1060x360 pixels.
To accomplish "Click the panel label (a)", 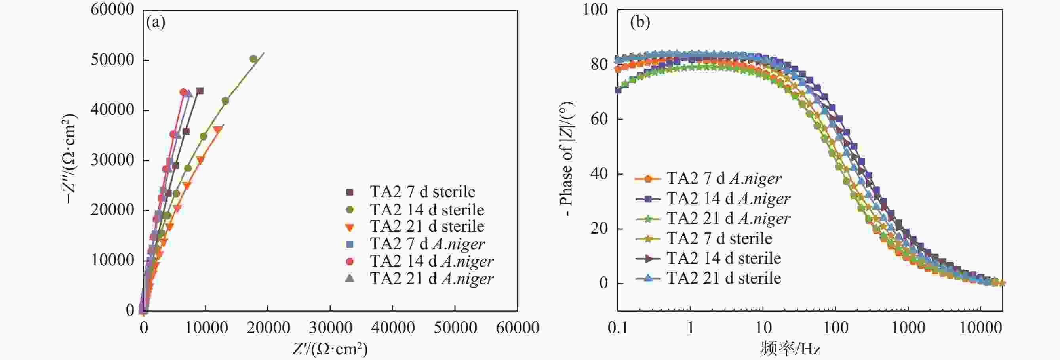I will coord(156,22).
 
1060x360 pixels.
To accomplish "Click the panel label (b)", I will coord(640,22).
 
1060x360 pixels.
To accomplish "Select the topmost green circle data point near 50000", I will coord(253,59).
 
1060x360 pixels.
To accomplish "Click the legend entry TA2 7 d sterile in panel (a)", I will coord(422,192).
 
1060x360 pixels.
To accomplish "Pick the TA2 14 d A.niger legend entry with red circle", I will coord(431,261).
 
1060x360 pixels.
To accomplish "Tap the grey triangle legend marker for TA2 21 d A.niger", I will coord(350,278).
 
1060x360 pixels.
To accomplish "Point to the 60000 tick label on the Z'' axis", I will coord(112,10).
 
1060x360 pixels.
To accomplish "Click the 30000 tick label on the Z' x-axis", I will coord(330,328).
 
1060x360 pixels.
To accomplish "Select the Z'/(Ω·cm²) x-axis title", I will coord(330,349).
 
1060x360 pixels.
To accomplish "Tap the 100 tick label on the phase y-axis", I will coord(595,10).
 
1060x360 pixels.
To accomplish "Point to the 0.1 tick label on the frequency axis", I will coord(618,328).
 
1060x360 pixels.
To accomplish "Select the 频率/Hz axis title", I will coord(790,349).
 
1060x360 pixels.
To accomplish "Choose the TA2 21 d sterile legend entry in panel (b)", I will coord(723,278).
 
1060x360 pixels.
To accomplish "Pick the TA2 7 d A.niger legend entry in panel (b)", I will coord(723,179).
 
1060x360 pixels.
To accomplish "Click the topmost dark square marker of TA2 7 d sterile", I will coord(200,91).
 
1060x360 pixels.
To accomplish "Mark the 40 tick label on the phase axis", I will coord(599,173).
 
